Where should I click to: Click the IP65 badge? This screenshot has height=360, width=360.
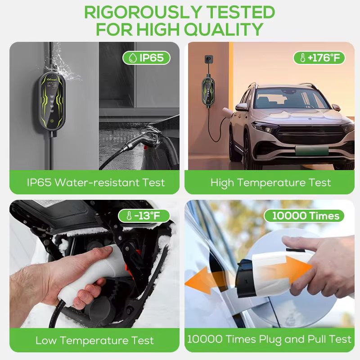tap(146, 58)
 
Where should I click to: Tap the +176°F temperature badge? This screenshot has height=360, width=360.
tap(319, 58)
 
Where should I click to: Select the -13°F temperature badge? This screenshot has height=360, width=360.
tap(144, 216)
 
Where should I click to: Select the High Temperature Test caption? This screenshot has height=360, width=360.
tap(271, 182)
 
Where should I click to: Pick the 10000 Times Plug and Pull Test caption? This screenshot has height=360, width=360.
tap(269, 339)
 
